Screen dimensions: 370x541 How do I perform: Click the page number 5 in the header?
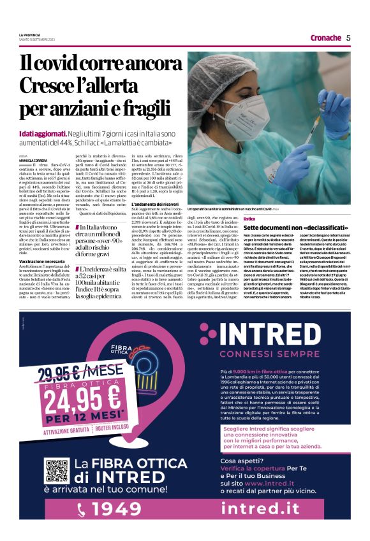click(x=348, y=38)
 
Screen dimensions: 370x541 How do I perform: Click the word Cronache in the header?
click(x=325, y=38)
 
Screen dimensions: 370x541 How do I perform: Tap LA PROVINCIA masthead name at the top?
click(x=32, y=34)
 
